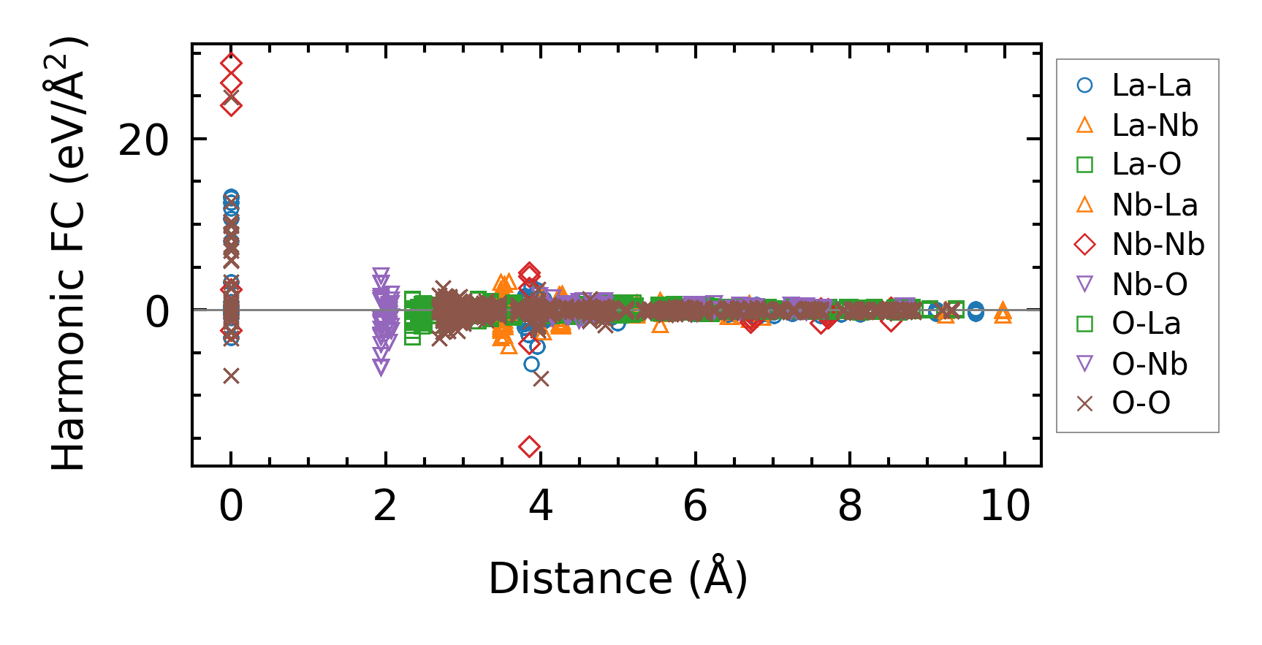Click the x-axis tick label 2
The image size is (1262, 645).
(385, 505)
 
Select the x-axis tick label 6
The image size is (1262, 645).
(695, 505)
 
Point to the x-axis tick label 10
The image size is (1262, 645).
(1005, 505)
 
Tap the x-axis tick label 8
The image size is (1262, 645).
(850, 505)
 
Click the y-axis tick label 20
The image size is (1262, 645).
(143, 140)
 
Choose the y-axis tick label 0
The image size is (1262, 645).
(157, 311)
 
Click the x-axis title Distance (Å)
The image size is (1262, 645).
(617, 579)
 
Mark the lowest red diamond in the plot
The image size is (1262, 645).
(530, 446)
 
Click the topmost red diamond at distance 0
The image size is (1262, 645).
(231, 64)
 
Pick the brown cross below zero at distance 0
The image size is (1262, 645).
(231, 376)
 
